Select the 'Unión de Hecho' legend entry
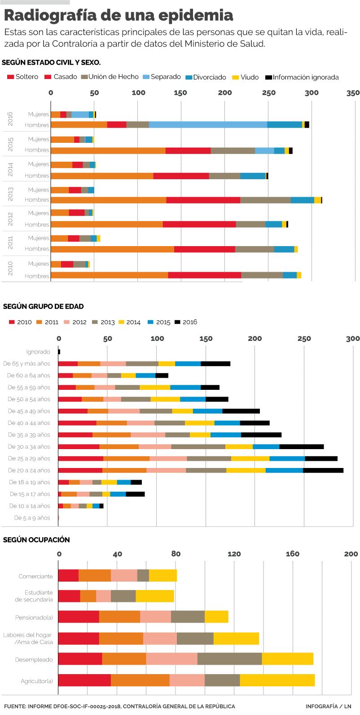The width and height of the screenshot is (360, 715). coord(113,77)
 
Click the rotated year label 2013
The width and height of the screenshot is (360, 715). coord(11,194)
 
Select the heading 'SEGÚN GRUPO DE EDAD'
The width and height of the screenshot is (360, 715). coord(44,307)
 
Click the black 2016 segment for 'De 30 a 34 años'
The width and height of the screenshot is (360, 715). coord(301,447)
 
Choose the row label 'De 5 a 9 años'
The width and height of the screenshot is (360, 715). coord(32,518)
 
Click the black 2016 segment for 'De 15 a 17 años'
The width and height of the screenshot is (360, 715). coord(135,494)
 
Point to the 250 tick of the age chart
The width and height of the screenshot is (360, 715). coord(304,339)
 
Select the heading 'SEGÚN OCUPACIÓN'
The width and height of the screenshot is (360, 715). coord(36,540)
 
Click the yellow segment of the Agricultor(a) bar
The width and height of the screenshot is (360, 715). coord(277,680)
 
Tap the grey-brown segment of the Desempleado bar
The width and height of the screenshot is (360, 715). coord(229,659)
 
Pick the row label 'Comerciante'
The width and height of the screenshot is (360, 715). coord(35,576)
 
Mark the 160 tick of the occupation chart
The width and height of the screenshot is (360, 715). coord(292,554)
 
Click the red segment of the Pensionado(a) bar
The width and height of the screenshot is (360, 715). coord(79,617)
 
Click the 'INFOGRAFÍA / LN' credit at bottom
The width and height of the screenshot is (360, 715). coord(329,706)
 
